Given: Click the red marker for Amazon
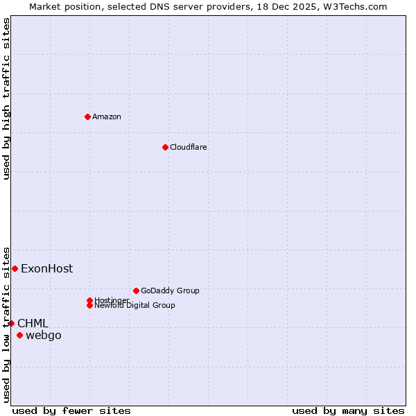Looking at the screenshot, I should coord(87,116).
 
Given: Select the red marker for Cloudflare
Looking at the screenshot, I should coord(165,147).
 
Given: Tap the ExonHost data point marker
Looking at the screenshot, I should coord(15,268).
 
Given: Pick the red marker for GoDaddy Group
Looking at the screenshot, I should coord(136,291).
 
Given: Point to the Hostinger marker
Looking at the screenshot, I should coord(89,300).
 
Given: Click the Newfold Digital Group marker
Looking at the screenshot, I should coord(89,305).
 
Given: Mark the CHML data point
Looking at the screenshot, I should coord(11,323).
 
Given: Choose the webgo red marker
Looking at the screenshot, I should coord(19,336).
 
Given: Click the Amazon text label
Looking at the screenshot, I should coord(107,116).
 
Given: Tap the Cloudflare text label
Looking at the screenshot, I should coord(189,147).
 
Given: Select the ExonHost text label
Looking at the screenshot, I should coord(46,268).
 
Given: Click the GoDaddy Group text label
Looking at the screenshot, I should coord(170,291).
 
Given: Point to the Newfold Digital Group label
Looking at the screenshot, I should coord(135,306).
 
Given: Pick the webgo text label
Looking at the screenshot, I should coord(44,336).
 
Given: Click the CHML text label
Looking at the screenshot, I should coord(33,323).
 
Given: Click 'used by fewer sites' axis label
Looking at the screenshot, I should coord(71,410).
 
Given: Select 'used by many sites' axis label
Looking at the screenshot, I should coord(348,410).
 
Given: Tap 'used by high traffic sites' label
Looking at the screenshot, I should coord(6,98).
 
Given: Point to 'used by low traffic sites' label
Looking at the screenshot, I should coord(6,324).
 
